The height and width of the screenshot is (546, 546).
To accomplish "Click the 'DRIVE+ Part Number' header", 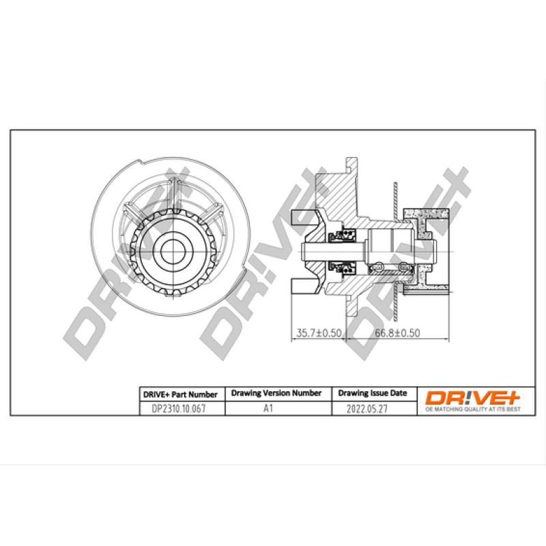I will [179, 394].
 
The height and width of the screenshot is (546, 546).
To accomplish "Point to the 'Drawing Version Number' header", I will [276, 394].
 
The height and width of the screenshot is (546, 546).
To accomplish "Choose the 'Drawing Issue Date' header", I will [373, 394].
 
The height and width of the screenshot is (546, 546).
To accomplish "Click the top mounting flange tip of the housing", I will [351, 164].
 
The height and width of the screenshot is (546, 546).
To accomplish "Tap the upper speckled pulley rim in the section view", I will [427, 216].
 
